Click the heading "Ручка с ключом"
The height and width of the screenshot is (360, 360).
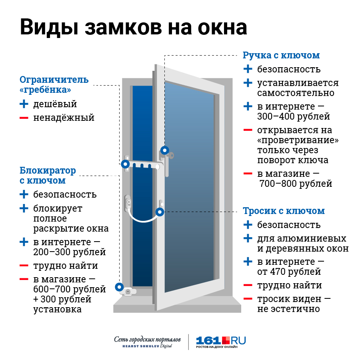tap(281, 55)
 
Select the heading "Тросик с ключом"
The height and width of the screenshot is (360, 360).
tap(284, 211)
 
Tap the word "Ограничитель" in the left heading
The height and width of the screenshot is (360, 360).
tap(54, 80)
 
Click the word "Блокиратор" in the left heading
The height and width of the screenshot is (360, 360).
tap(48, 170)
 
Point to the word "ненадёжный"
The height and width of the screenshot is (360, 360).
tap(64, 118)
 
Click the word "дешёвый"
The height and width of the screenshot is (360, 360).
tap(55, 104)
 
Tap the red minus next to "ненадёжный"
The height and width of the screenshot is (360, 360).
tap(24, 118)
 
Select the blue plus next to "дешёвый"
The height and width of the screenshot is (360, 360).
tap(24, 104)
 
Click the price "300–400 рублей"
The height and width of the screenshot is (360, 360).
tap(294, 116)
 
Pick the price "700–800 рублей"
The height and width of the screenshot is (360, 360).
tap(296, 184)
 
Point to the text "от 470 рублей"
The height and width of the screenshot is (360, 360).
tap(289, 272)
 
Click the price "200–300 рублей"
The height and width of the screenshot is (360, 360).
tap(69, 252)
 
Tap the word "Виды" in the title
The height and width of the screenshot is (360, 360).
tap(50, 28)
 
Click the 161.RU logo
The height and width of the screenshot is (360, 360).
tap(221, 342)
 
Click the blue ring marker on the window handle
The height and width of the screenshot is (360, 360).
tap(165, 151)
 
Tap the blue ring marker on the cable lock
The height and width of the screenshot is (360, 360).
tap(160, 212)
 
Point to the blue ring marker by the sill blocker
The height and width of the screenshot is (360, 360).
tap(119, 287)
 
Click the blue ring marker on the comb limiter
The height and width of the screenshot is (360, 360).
tap(125, 164)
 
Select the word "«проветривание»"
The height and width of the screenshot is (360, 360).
tap(298, 140)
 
